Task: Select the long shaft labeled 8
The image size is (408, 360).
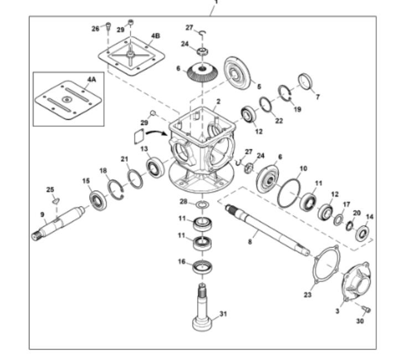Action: [267, 229]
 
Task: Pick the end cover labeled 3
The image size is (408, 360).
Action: [356, 282]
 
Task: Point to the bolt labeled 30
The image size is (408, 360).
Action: [366, 309]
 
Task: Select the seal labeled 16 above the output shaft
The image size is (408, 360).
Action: [202, 267]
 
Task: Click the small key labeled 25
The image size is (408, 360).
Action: [56, 201]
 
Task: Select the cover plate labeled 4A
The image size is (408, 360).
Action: [68, 100]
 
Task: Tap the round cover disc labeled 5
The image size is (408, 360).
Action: [237, 73]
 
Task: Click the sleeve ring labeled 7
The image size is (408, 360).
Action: [306, 81]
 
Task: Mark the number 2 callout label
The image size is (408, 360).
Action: [219, 101]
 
